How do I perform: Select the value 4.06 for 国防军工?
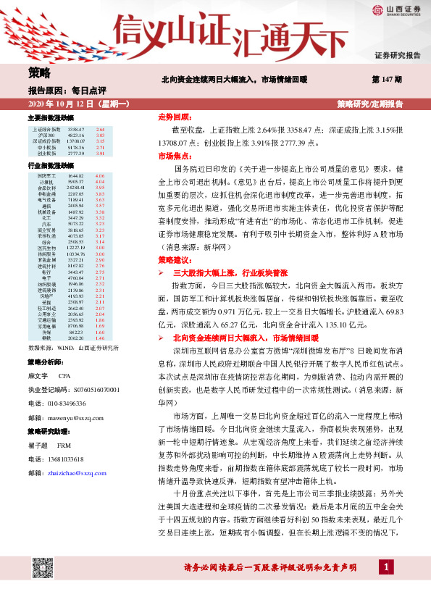[x=100, y=176]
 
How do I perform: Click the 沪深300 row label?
[x=47, y=135]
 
